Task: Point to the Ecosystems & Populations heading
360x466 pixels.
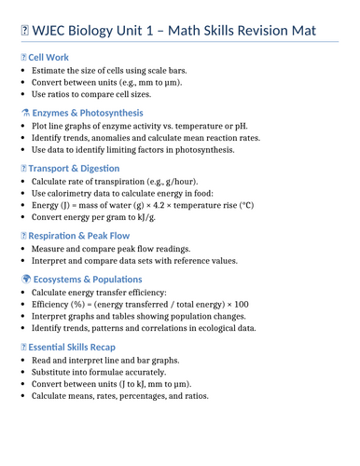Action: (x=96, y=277)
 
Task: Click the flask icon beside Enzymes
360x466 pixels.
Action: (x=24, y=112)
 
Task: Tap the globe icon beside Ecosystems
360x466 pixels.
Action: (x=24, y=277)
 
